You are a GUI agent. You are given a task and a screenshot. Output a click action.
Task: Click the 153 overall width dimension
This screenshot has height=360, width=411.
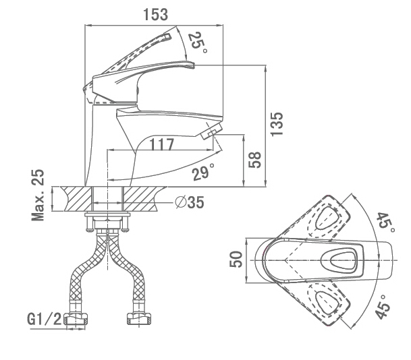[x=155, y=14]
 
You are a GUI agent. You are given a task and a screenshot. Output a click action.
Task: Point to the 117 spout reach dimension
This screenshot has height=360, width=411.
[x=162, y=144]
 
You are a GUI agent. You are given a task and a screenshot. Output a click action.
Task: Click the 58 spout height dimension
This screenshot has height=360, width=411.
[x=255, y=160]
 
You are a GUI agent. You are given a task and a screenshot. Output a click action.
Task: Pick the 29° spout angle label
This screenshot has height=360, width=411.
[x=201, y=172]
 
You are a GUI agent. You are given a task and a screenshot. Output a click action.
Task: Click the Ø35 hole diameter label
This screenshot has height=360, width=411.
[x=189, y=201]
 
